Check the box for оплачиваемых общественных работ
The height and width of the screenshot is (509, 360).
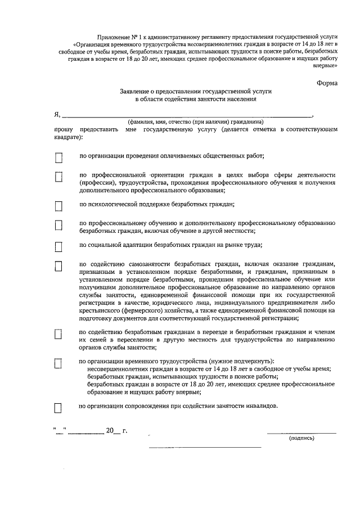pyautogui.click(x=58, y=158)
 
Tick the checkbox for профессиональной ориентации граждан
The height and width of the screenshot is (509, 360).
pyautogui.click(x=58, y=177)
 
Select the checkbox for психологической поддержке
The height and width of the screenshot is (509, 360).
pyautogui.click(x=58, y=206)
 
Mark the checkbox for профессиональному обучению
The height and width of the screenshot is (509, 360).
pyautogui.click(x=58, y=226)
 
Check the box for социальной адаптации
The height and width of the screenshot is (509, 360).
pyautogui.click(x=58, y=246)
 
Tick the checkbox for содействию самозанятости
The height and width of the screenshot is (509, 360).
pyautogui.click(x=58, y=266)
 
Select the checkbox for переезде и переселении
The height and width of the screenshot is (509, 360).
pyautogui.click(x=58, y=334)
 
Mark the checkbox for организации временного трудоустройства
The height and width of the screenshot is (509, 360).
pyautogui.click(x=58, y=363)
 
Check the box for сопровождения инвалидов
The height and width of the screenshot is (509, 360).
pyautogui.click(x=58, y=408)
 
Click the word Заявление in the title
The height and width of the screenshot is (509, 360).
pyautogui.click(x=137, y=91)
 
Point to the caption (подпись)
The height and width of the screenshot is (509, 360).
pyautogui.click(x=301, y=438)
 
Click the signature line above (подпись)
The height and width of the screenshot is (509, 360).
pyautogui.click(x=301, y=433)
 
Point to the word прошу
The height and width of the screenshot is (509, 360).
pyautogui.click(x=64, y=129)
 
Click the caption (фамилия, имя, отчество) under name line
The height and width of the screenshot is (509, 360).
pyautogui.click(x=187, y=121)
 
